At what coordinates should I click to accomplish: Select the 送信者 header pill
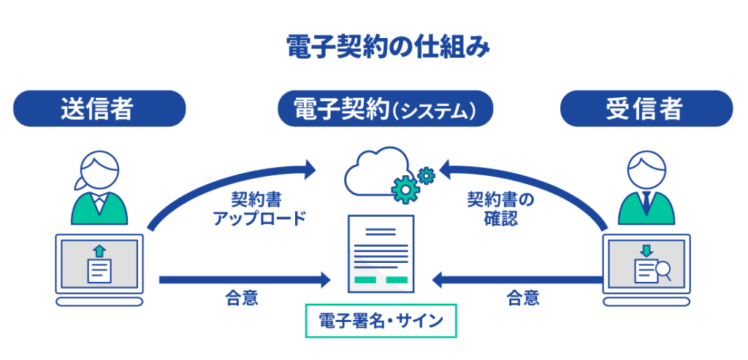pyautogui.click(x=99, y=109)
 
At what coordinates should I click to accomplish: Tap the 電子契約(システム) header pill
pyautogui.click(x=386, y=109)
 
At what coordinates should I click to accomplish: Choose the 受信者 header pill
pyautogui.click(x=646, y=109)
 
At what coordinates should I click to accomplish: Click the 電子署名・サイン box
pyautogui.click(x=381, y=321)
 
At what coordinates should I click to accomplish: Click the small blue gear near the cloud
pyautogui.click(x=427, y=175)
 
